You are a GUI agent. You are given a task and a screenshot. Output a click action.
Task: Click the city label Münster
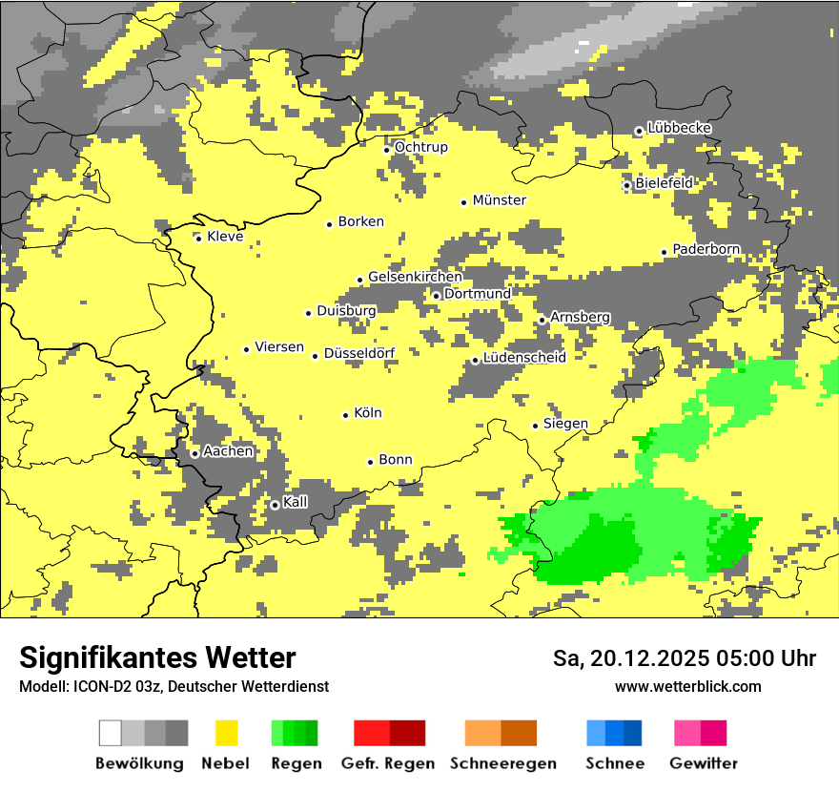(x=500, y=200)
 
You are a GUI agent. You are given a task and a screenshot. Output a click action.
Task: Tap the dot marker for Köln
(x=345, y=415)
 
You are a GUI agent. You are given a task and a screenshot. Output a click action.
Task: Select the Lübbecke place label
(x=679, y=128)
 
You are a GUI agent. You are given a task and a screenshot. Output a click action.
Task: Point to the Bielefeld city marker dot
(x=627, y=185)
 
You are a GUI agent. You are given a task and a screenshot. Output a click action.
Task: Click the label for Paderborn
(x=706, y=249)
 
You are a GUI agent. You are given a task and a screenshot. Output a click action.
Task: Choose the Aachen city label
(x=228, y=451)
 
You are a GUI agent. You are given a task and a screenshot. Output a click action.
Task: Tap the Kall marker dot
(x=275, y=505)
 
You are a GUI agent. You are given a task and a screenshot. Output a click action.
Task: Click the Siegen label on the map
(x=565, y=424)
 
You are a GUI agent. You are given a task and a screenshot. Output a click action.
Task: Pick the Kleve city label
(x=225, y=237)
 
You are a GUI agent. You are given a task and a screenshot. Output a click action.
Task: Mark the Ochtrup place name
(x=420, y=147)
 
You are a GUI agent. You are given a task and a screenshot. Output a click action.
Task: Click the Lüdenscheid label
(x=524, y=358)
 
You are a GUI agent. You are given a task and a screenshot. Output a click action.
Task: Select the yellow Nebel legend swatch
(x=226, y=733)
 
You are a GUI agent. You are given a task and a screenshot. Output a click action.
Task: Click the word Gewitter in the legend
(x=704, y=763)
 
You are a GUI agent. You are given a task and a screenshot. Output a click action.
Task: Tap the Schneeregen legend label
(x=503, y=763)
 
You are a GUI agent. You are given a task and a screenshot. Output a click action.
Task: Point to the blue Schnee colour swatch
(x=614, y=733)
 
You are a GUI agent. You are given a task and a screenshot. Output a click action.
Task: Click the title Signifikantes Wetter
(x=157, y=657)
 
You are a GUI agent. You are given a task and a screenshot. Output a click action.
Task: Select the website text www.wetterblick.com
(x=687, y=686)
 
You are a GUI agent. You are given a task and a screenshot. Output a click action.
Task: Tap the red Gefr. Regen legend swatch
(x=389, y=733)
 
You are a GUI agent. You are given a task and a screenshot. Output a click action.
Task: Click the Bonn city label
(x=396, y=460)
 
